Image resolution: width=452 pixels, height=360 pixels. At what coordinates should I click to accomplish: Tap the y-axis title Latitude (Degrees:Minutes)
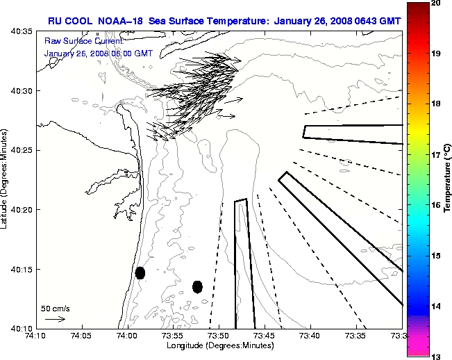pos(6,179)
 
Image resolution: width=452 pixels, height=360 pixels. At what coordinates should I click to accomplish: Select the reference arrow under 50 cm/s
pos(55,319)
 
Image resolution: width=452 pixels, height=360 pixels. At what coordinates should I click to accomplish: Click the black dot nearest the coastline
pos(140,272)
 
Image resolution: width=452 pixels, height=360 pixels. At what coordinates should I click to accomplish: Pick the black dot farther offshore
pos(197,286)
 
